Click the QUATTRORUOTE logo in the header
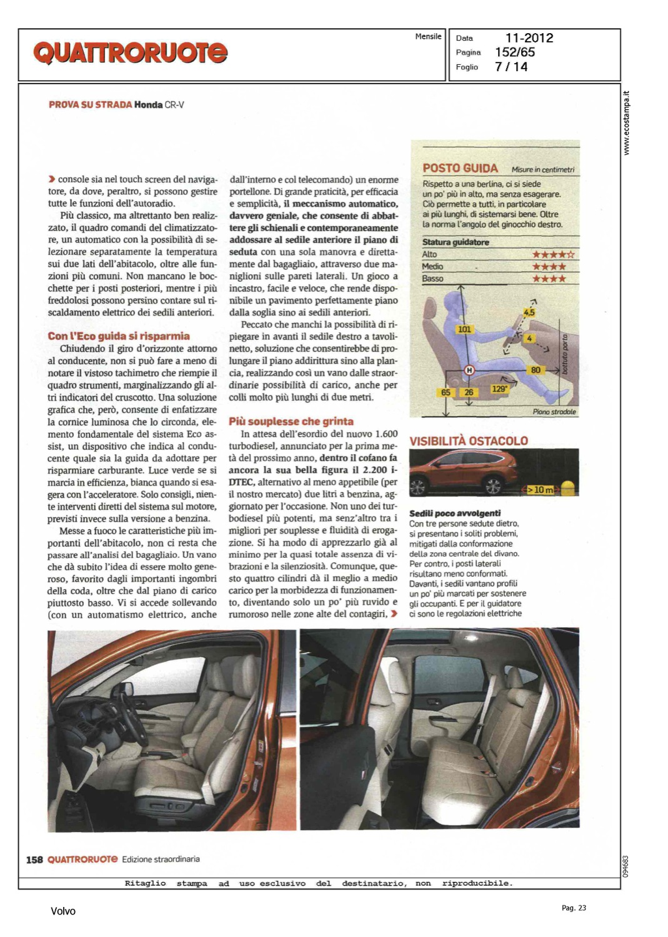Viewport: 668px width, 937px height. pyautogui.click(x=130, y=53)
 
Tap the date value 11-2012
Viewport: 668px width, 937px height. pyautogui.click(x=529, y=38)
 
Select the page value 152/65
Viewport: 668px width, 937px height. pyautogui.click(x=514, y=52)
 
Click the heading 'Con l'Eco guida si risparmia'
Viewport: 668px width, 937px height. pyautogui.click(x=119, y=336)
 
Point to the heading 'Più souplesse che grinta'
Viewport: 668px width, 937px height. pyautogui.click(x=291, y=422)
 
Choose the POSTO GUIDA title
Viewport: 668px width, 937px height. pyautogui.click(x=460, y=168)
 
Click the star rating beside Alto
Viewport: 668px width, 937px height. pyautogui.click(x=552, y=254)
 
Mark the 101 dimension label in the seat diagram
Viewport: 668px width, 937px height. pyautogui.click(x=464, y=329)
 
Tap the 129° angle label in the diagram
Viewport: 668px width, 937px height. pyautogui.click(x=499, y=389)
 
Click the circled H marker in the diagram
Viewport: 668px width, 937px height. pyautogui.click(x=469, y=370)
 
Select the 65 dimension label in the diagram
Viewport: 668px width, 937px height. pyautogui.click(x=446, y=392)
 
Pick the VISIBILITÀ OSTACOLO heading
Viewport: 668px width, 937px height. pyautogui.click(x=469, y=441)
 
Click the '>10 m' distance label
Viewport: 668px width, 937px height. pyautogui.click(x=541, y=490)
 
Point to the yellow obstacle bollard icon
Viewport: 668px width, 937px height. pyautogui.click(x=568, y=488)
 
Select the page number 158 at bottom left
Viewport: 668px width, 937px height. pyautogui.click(x=34, y=860)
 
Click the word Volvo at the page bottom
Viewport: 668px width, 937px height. pyautogui.click(x=63, y=911)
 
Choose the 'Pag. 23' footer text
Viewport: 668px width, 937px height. pyautogui.click(x=574, y=908)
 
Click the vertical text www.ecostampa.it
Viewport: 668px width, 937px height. pyautogui.click(x=627, y=123)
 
